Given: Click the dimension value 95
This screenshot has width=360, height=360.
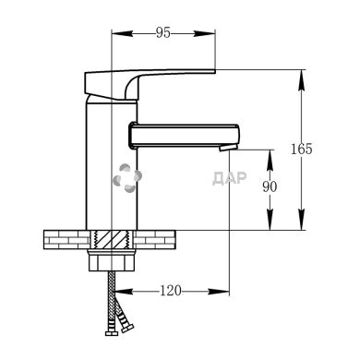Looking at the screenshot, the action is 162,32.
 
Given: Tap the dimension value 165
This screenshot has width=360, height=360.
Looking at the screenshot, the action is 302,149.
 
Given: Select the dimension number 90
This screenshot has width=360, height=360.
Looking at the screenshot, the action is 270,186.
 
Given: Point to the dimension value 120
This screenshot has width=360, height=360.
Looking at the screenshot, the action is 171,291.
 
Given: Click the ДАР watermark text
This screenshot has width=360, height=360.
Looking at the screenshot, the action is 230,178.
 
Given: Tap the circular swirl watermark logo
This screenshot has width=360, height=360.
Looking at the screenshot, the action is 127,178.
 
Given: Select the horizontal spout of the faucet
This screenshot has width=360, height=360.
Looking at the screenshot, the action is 184,136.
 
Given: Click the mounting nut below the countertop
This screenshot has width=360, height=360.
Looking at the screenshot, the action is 112,260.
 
